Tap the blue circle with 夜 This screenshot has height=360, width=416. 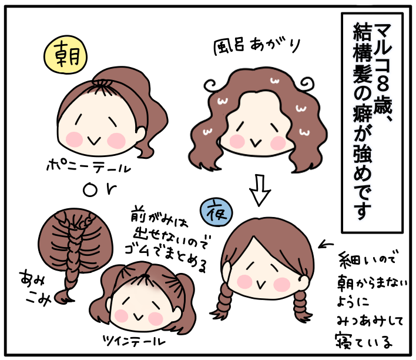pos(216,209)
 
